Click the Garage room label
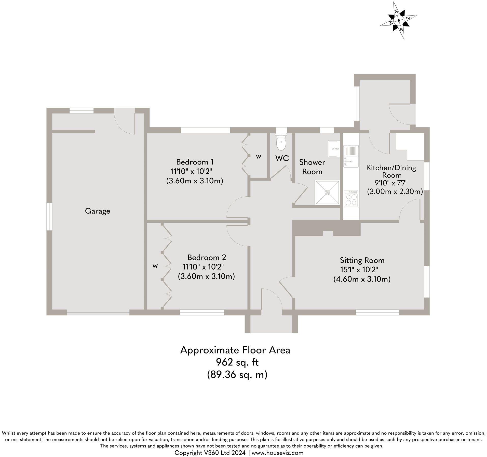tap(98, 211)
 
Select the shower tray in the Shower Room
tap(327, 192)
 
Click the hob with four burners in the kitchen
tap(351, 198)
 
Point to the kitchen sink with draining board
tap(351, 156)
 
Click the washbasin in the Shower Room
tap(334, 148)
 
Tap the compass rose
tap(399, 20)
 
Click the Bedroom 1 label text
tap(195, 162)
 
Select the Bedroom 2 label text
tap(207, 257)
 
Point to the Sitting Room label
tap(362, 260)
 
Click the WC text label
tap(282, 158)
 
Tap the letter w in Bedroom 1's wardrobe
tap(259, 157)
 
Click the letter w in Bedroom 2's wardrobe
tap(155, 266)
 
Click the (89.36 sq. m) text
tap(237, 375)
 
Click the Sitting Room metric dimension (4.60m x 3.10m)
tap(362, 279)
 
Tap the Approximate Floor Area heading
tap(235, 350)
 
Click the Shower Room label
tap(312, 167)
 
